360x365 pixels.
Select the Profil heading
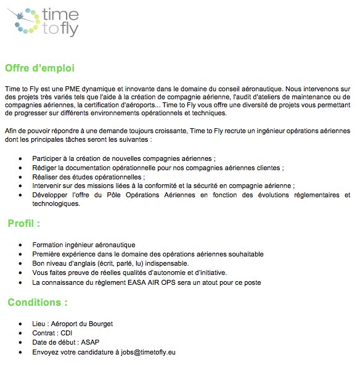tap(23, 223)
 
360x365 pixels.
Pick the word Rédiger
tap(45, 168)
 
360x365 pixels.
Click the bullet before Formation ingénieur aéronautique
tap(22, 245)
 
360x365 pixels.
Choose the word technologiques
tap(57, 204)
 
